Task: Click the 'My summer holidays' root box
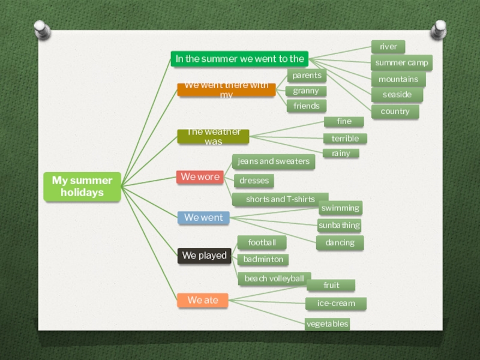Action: tap(82, 187)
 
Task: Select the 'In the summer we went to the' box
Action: tap(240, 59)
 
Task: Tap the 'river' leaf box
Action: tap(388, 47)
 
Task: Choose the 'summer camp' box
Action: tap(401, 63)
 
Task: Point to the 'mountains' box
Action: tap(398, 79)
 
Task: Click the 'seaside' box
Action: tap(397, 95)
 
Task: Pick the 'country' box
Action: tap(395, 112)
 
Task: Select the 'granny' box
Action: tap(306, 91)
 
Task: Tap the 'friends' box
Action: tap(307, 106)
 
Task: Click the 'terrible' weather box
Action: tap(345, 139)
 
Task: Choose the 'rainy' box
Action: tap(341, 154)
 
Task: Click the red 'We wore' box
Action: tap(199, 177)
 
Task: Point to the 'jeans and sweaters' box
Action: tap(274, 161)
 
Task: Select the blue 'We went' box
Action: tap(203, 218)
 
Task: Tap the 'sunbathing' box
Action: tap(339, 226)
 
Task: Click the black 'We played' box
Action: tap(205, 256)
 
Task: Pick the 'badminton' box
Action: tap(263, 260)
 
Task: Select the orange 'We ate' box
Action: tap(203, 300)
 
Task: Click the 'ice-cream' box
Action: tap(336, 304)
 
